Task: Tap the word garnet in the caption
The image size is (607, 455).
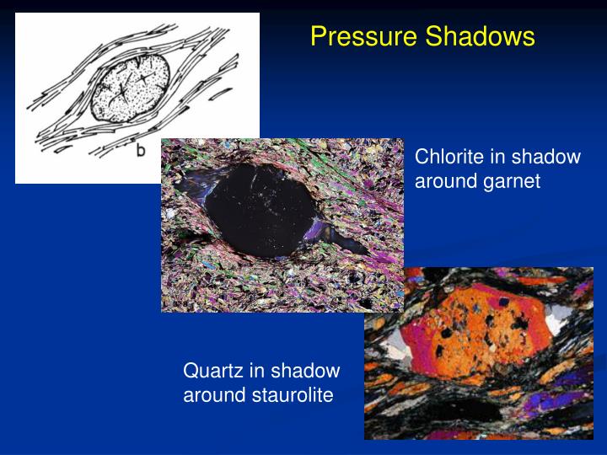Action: click(509, 181)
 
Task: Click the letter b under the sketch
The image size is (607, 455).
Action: click(142, 151)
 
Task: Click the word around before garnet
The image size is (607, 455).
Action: click(444, 181)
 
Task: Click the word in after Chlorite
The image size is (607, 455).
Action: click(497, 157)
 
